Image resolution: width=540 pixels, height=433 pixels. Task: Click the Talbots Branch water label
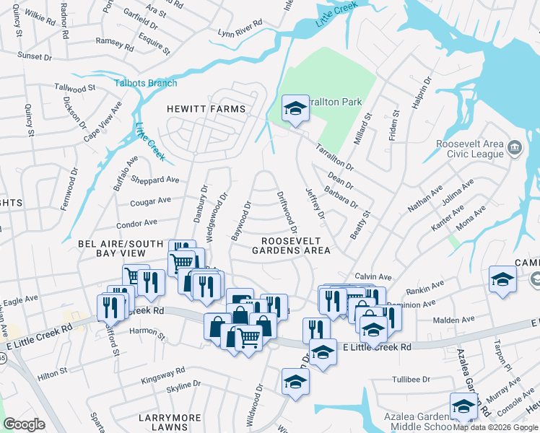(x=146, y=83)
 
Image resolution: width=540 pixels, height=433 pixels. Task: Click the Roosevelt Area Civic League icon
(x=515, y=149)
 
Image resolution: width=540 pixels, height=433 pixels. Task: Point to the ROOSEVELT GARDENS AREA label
(x=296, y=245)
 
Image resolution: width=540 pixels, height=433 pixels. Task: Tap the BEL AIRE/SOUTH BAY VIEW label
(x=121, y=249)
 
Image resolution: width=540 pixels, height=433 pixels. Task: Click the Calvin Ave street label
(x=373, y=276)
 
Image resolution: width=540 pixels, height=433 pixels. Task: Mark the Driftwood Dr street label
(x=287, y=209)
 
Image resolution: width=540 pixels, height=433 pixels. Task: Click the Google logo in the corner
(x=25, y=424)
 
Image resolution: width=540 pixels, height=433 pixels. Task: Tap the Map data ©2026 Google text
(x=495, y=427)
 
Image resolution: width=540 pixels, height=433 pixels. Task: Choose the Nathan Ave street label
(x=424, y=199)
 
